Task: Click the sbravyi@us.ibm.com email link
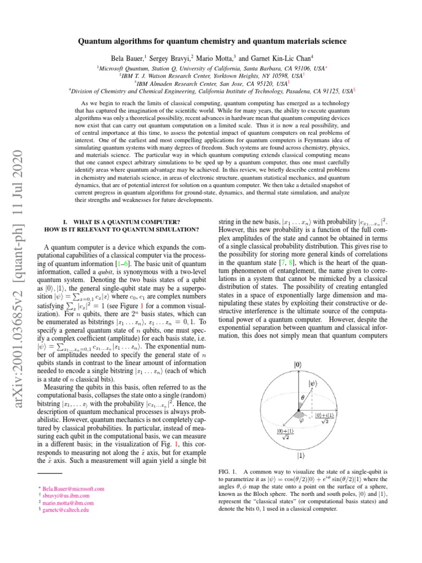pos(66,495)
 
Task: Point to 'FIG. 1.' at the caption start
pos(228,472)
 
